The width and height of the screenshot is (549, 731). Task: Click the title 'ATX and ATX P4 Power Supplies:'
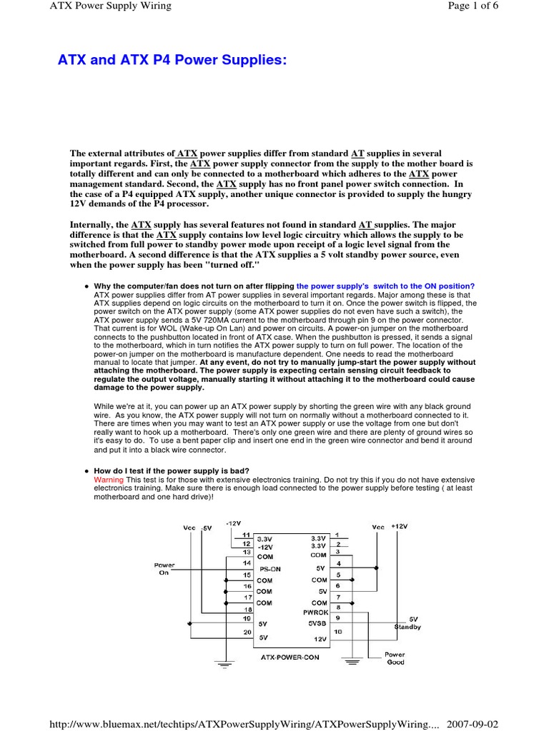pos(172,61)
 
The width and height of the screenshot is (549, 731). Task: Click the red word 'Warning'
pos(109,480)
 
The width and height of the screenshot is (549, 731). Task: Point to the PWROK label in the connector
pos(315,612)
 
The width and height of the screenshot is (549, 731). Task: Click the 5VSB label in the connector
pos(316,623)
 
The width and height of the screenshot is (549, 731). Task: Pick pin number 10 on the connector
pos(337,631)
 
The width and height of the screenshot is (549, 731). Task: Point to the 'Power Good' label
pos(395,658)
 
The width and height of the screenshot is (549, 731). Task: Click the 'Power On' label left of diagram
pos(164,568)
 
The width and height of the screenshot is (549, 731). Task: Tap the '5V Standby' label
pos(408,623)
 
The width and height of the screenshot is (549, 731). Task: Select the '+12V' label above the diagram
pos(398,526)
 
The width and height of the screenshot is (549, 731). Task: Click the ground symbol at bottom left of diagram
pos(224,665)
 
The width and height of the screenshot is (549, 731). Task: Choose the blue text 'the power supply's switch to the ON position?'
pos(385,286)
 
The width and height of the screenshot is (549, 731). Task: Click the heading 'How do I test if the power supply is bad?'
pos(172,471)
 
